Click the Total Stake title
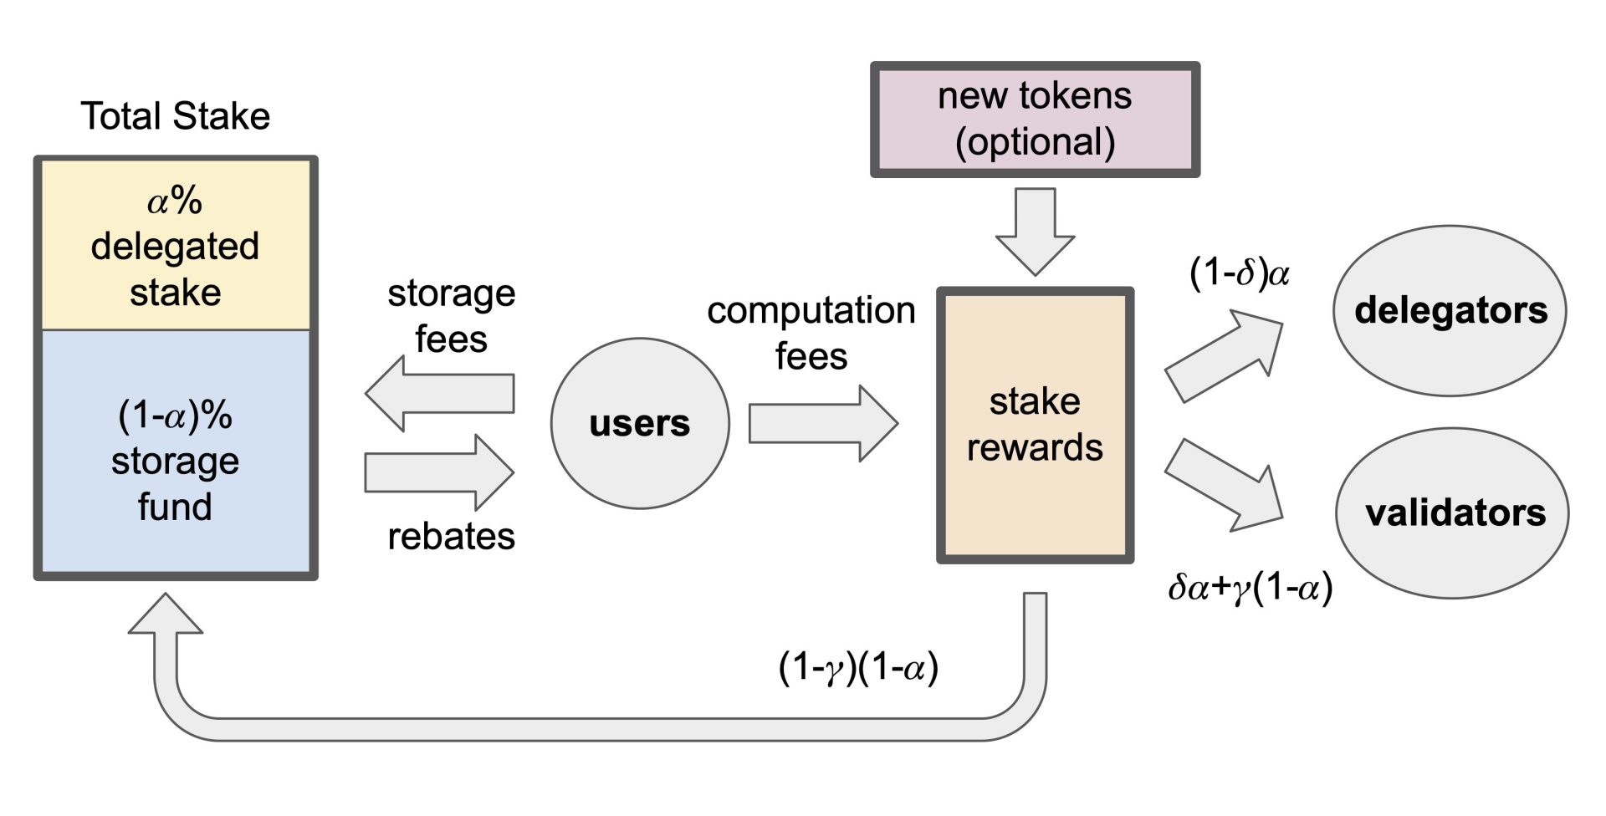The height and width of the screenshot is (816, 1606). (175, 115)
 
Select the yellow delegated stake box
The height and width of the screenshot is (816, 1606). (175, 245)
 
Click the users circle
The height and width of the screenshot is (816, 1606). (640, 423)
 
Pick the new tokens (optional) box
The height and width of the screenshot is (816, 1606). (1035, 119)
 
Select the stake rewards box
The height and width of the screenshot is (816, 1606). (1035, 425)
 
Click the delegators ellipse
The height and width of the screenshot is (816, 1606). (1450, 310)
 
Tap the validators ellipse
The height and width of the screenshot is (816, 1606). (1453, 513)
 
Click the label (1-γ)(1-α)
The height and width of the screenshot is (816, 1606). (858, 667)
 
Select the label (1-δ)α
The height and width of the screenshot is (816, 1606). (1239, 273)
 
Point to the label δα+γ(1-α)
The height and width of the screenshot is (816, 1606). (1250, 587)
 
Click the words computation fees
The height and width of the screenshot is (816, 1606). (811, 333)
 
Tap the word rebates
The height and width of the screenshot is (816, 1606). (451, 536)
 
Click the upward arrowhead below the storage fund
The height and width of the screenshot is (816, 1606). (166, 615)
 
